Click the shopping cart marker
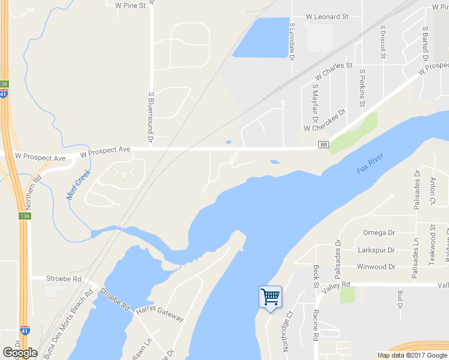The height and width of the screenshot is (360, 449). pyautogui.click(x=270, y=297)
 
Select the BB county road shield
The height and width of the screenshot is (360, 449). pyautogui.click(x=324, y=145)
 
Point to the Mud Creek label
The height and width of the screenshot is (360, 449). pyautogui.click(x=78, y=185)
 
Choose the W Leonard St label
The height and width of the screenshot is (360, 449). pyautogui.click(x=327, y=17)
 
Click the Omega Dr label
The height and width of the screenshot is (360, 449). pyautogui.click(x=379, y=233)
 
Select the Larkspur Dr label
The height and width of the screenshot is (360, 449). pyautogui.click(x=375, y=250)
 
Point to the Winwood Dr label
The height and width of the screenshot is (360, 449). pyautogui.click(x=376, y=266)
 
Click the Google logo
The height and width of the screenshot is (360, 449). pyautogui.click(x=20, y=353)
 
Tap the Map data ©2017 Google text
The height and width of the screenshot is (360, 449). pyautogui.click(x=412, y=355)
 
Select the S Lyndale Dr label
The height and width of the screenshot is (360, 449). pyautogui.click(x=292, y=41)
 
